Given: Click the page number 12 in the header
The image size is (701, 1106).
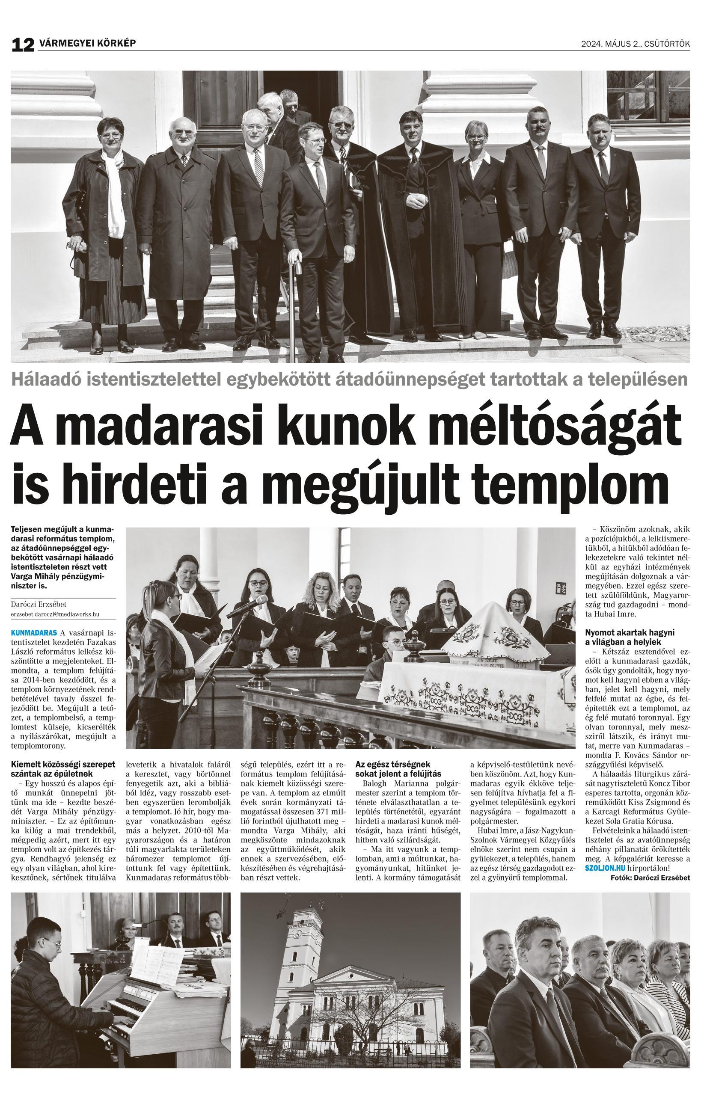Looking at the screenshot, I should coord(23,44).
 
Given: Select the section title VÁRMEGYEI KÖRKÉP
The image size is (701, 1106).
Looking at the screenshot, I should coord(87,44).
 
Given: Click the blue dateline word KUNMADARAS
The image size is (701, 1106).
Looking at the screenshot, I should coord(34,632).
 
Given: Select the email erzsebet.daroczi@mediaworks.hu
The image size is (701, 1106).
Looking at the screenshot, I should coord(55,614).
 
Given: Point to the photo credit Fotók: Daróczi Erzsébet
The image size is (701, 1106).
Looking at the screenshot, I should coord(650,877).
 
